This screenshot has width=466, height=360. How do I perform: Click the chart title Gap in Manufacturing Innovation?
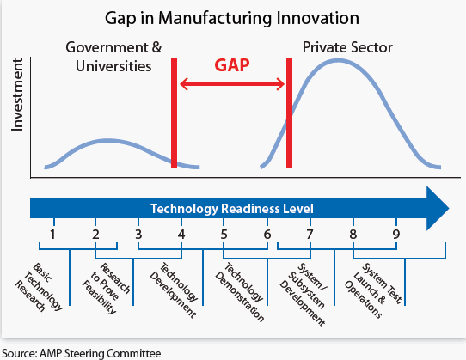(232, 18)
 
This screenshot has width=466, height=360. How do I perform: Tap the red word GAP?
(232, 65)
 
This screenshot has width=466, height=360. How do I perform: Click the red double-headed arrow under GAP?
(232, 84)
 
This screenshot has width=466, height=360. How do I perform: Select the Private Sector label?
(347, 47)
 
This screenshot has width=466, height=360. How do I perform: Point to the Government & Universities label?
(113, 57)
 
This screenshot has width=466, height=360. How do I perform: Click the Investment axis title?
(17, 95)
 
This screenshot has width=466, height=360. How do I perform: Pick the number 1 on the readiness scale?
(52, 235)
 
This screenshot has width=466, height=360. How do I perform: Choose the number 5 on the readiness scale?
(224, 235)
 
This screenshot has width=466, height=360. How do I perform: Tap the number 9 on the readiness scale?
(396, 235)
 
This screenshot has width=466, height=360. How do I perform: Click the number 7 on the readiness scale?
(310, 235)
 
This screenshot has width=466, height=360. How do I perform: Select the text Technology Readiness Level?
(232, 209)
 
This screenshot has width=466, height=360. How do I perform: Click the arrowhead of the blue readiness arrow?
(449, 208)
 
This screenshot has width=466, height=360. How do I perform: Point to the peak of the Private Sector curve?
(338, 61)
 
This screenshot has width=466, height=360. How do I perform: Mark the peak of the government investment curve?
(107, 141)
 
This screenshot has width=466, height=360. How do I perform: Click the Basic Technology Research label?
(39, 287)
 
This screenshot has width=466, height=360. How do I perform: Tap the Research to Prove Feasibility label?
(106, 288)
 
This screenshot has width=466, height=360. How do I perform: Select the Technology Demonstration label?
(239, 292)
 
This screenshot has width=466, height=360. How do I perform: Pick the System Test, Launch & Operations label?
(373, 290)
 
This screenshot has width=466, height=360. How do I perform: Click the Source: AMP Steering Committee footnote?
(82, 353)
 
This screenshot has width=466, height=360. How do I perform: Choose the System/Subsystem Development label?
(304, 295)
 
